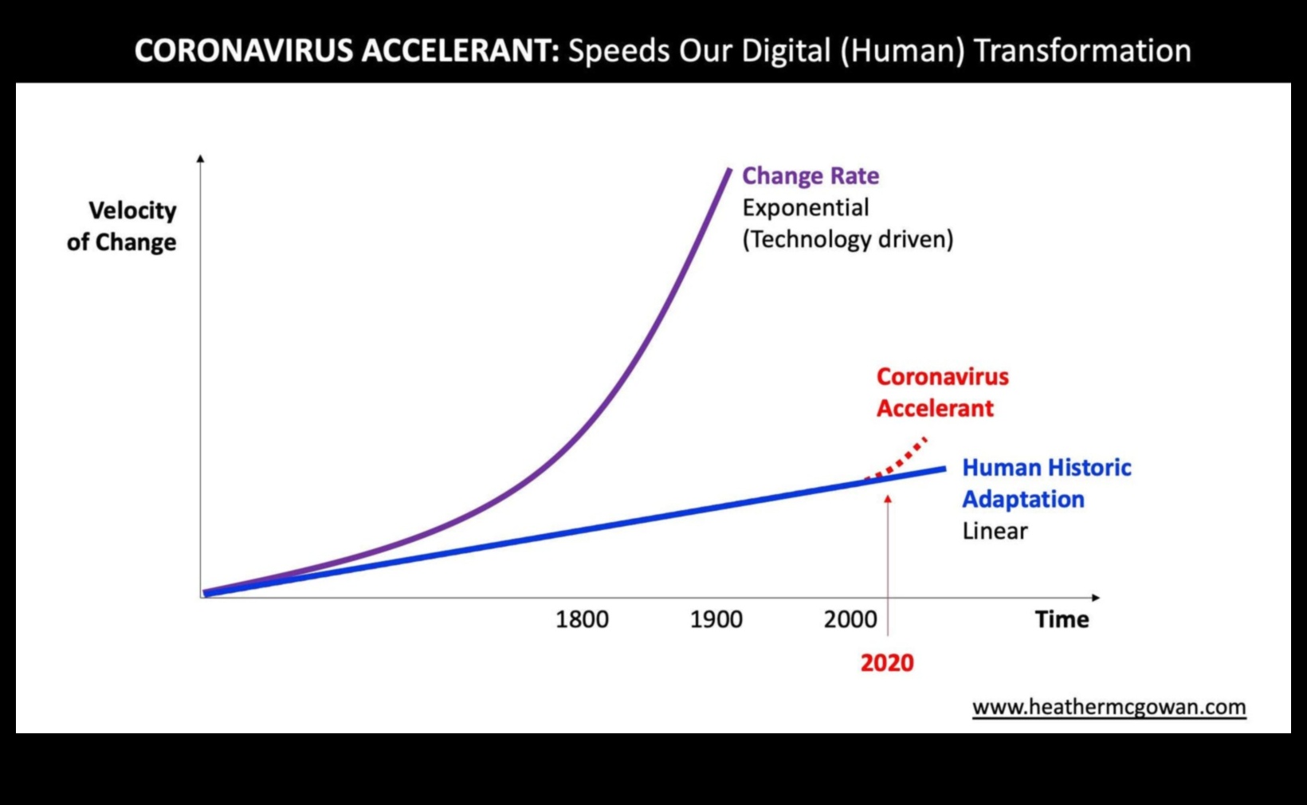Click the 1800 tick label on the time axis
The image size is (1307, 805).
pos(582,619)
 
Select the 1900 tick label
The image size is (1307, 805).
pos(716,619)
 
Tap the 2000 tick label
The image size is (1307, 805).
pos(850,619)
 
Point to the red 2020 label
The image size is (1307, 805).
pos(887,662)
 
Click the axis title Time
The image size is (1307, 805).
pos(1062,619)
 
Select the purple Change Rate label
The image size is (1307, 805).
pos(810,175)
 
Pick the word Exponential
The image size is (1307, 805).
pos(806,207)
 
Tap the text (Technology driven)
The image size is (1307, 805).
pos(847,239)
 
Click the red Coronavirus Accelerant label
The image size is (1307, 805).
pos(942,392)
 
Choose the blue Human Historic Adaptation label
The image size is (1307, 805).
pos(1046,483)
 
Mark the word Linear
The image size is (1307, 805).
pos(995,531)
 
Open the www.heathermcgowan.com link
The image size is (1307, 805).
pos(1109,707)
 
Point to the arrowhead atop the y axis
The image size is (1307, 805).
pos(200,159)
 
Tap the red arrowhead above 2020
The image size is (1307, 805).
pos(888,500)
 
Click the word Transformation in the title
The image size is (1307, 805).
pos(1082,50)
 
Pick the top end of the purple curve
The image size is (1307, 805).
pos(728,170)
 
